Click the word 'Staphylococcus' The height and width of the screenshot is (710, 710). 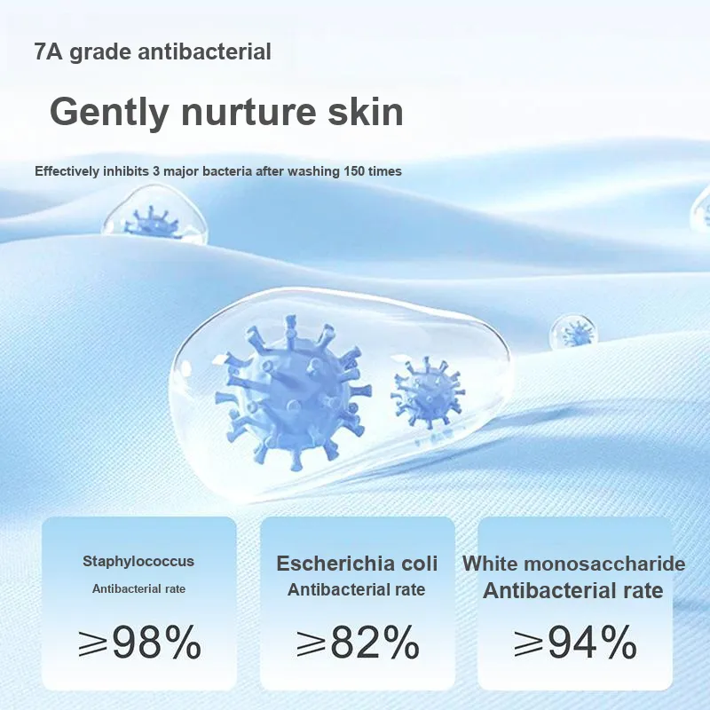point(138,562)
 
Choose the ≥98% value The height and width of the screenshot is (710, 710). point(139,641)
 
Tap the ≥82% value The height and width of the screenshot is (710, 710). point(358,641)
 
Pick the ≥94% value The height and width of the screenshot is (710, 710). point(575,641)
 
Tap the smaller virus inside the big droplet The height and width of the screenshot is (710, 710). point(428,392)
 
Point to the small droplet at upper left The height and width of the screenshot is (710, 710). point(154,214)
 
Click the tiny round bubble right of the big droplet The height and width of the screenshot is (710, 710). point(573,333)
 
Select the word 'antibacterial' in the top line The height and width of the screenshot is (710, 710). point(204,51)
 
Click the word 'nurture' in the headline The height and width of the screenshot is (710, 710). point(248,113)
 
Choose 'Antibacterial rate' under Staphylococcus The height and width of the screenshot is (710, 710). point(138,588)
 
